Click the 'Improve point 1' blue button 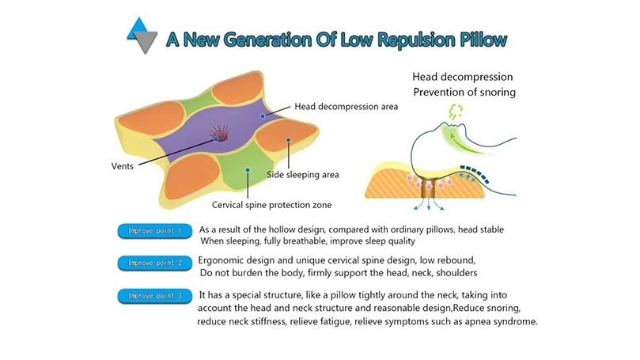click(x=155, y=230)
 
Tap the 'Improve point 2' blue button click(x=155, y=263)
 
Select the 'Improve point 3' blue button click(x=155, y=296)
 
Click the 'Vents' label click(x=123, y=166)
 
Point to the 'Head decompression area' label click(x=347, y=107)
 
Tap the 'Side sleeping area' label click(x=303, y=175)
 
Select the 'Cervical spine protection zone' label click(x=272, y=205)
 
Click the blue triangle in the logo click(x=137, y=28)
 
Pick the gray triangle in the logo click(x=145, y=43)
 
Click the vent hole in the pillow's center click(x=220, y=134)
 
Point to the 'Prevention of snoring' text click(x=464, y=93)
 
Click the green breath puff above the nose click(x=456, y=111)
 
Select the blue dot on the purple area click(x=263, y=116)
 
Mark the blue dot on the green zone click(x=248, y=170)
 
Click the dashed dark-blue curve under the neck click(x=475, y=172)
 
